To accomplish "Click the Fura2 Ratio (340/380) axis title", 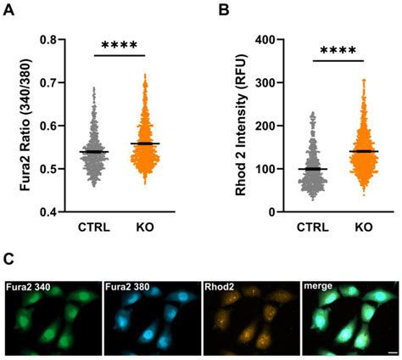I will click(x=27, y=126).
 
